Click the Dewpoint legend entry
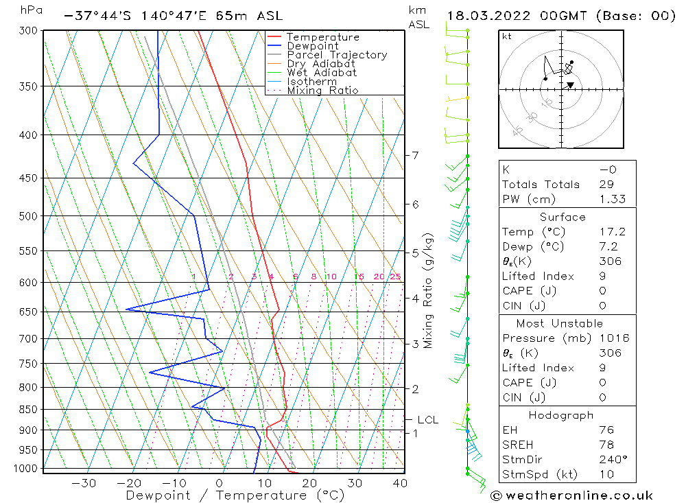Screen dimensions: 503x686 point(312,46)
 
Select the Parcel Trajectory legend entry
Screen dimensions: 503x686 point(337,55)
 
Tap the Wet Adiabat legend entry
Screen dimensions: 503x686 point(321,73)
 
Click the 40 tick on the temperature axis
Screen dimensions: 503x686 point(400,483)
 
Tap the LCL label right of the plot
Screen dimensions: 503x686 point(427,420)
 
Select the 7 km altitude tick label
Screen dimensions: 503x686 point(415,156)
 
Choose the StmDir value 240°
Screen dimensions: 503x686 point(611,459)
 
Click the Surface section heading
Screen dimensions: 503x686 point(563,218)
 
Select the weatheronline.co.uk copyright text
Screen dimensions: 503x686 point(571,495)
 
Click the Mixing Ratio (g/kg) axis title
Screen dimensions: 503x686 point(429,290)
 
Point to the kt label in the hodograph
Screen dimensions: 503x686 point(507,36)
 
